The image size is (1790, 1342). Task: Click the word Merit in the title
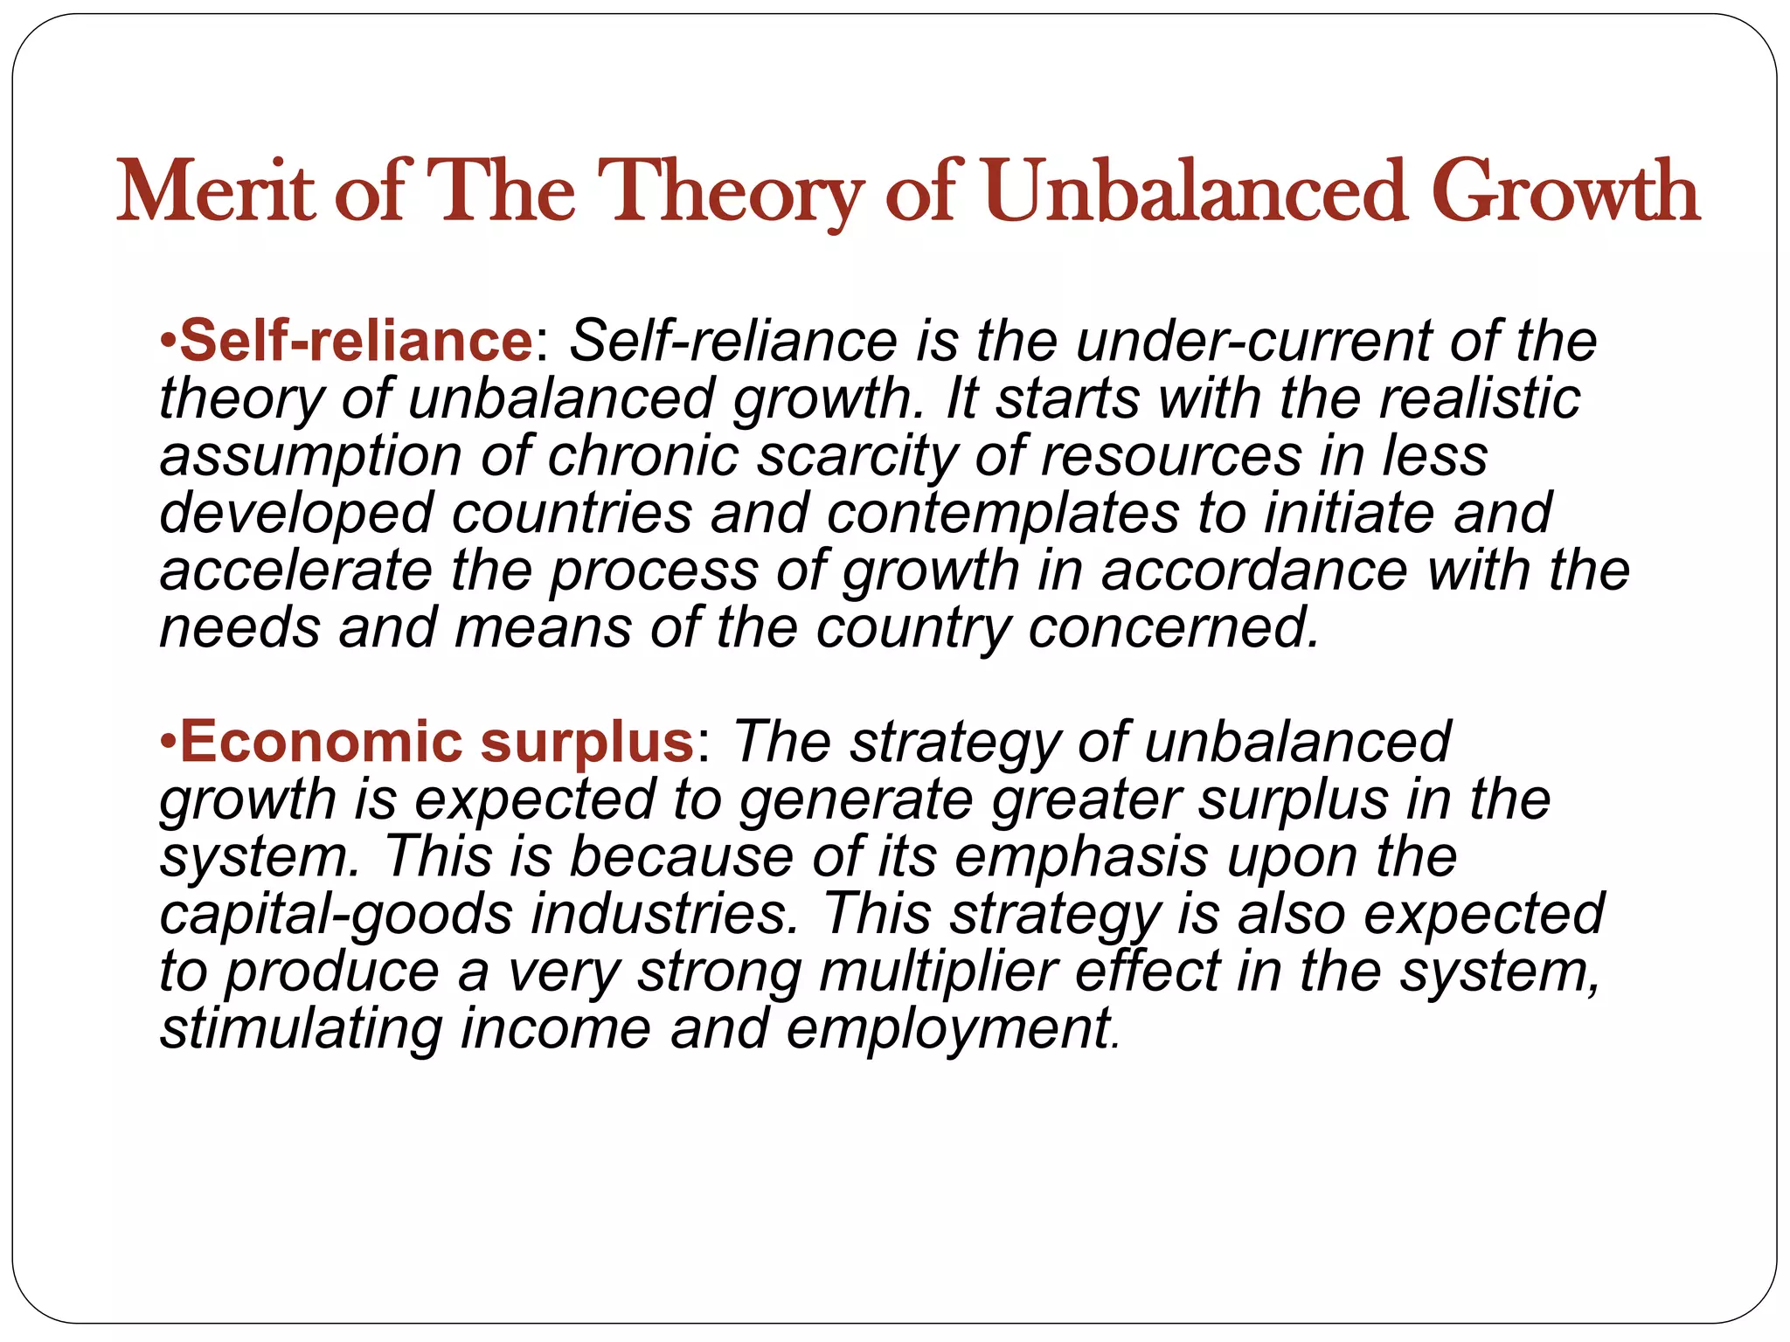pyautogui.click(x=215, y=192)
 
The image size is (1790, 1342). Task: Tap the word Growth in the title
pyautogui.click(x=1565, y=192)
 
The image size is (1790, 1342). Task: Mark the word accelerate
pyautogui.click(x=295, y=571)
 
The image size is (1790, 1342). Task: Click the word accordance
pyautogui.click(x=1254, y=571)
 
